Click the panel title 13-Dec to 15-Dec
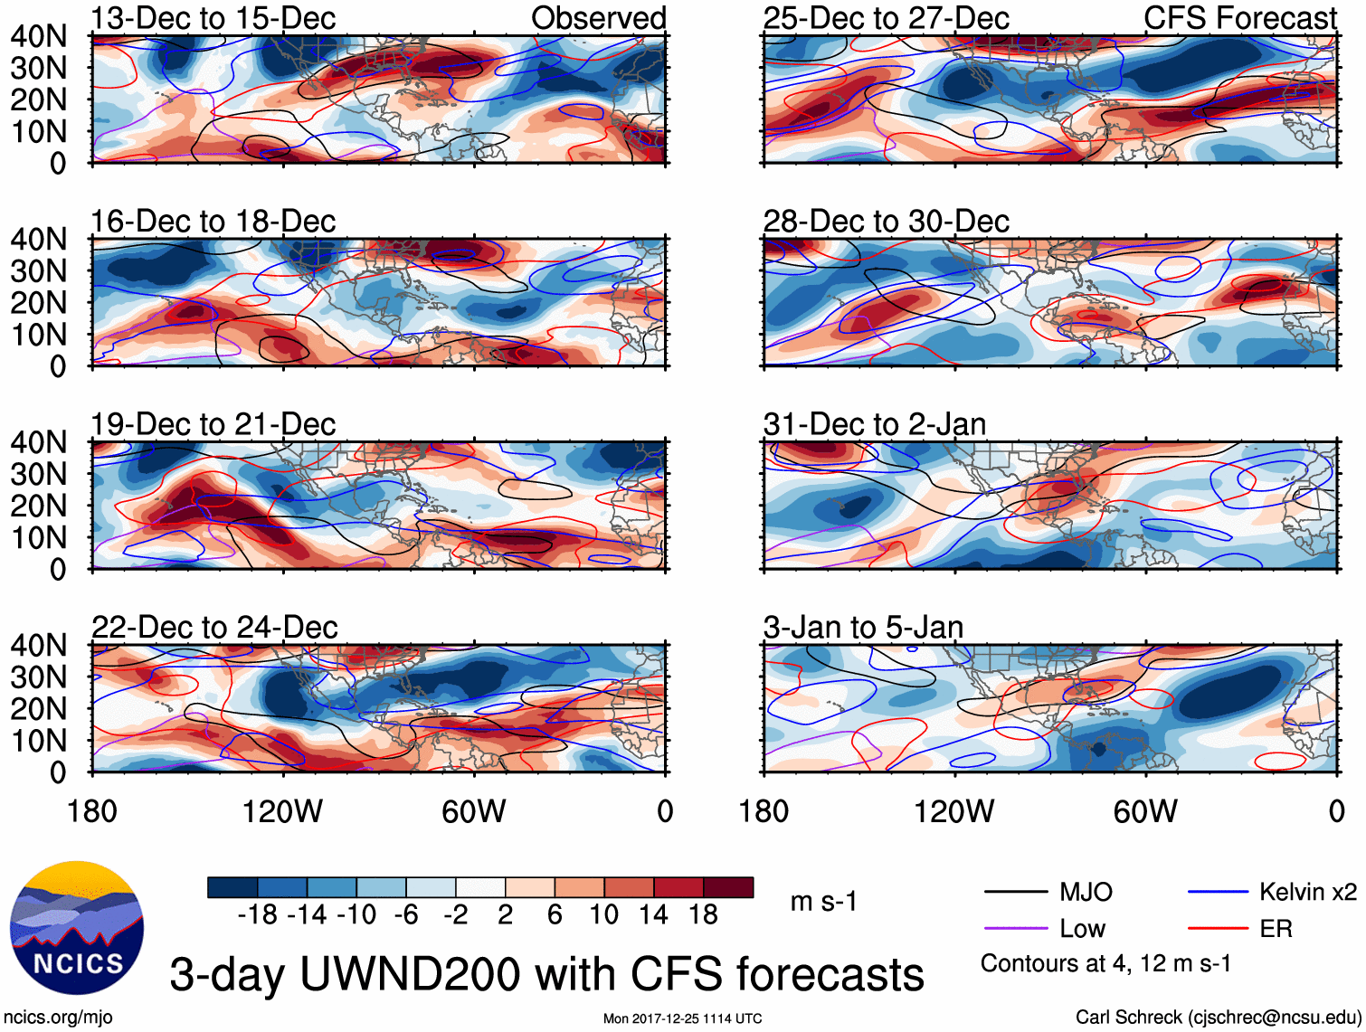[213, 18]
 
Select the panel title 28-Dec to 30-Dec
[886, 222]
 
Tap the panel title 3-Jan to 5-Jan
[863, 628]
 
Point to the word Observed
[598, 18]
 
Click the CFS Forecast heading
[1239, 18]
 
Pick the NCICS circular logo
[77, 928]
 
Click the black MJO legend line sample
[1015, 893]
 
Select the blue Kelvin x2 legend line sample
[1218, 893]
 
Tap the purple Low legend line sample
[1015, 929]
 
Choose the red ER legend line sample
[1218, 929]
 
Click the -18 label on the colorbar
[258, 915]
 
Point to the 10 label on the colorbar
[603, 915]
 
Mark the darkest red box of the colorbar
[728, 887]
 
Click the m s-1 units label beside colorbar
[823, 902]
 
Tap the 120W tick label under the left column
[282, 812]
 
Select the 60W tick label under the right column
[1145, 812]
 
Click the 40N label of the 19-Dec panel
[38, 442]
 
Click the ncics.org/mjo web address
[58, 1018]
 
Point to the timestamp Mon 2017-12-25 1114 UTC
[682, 1018]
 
